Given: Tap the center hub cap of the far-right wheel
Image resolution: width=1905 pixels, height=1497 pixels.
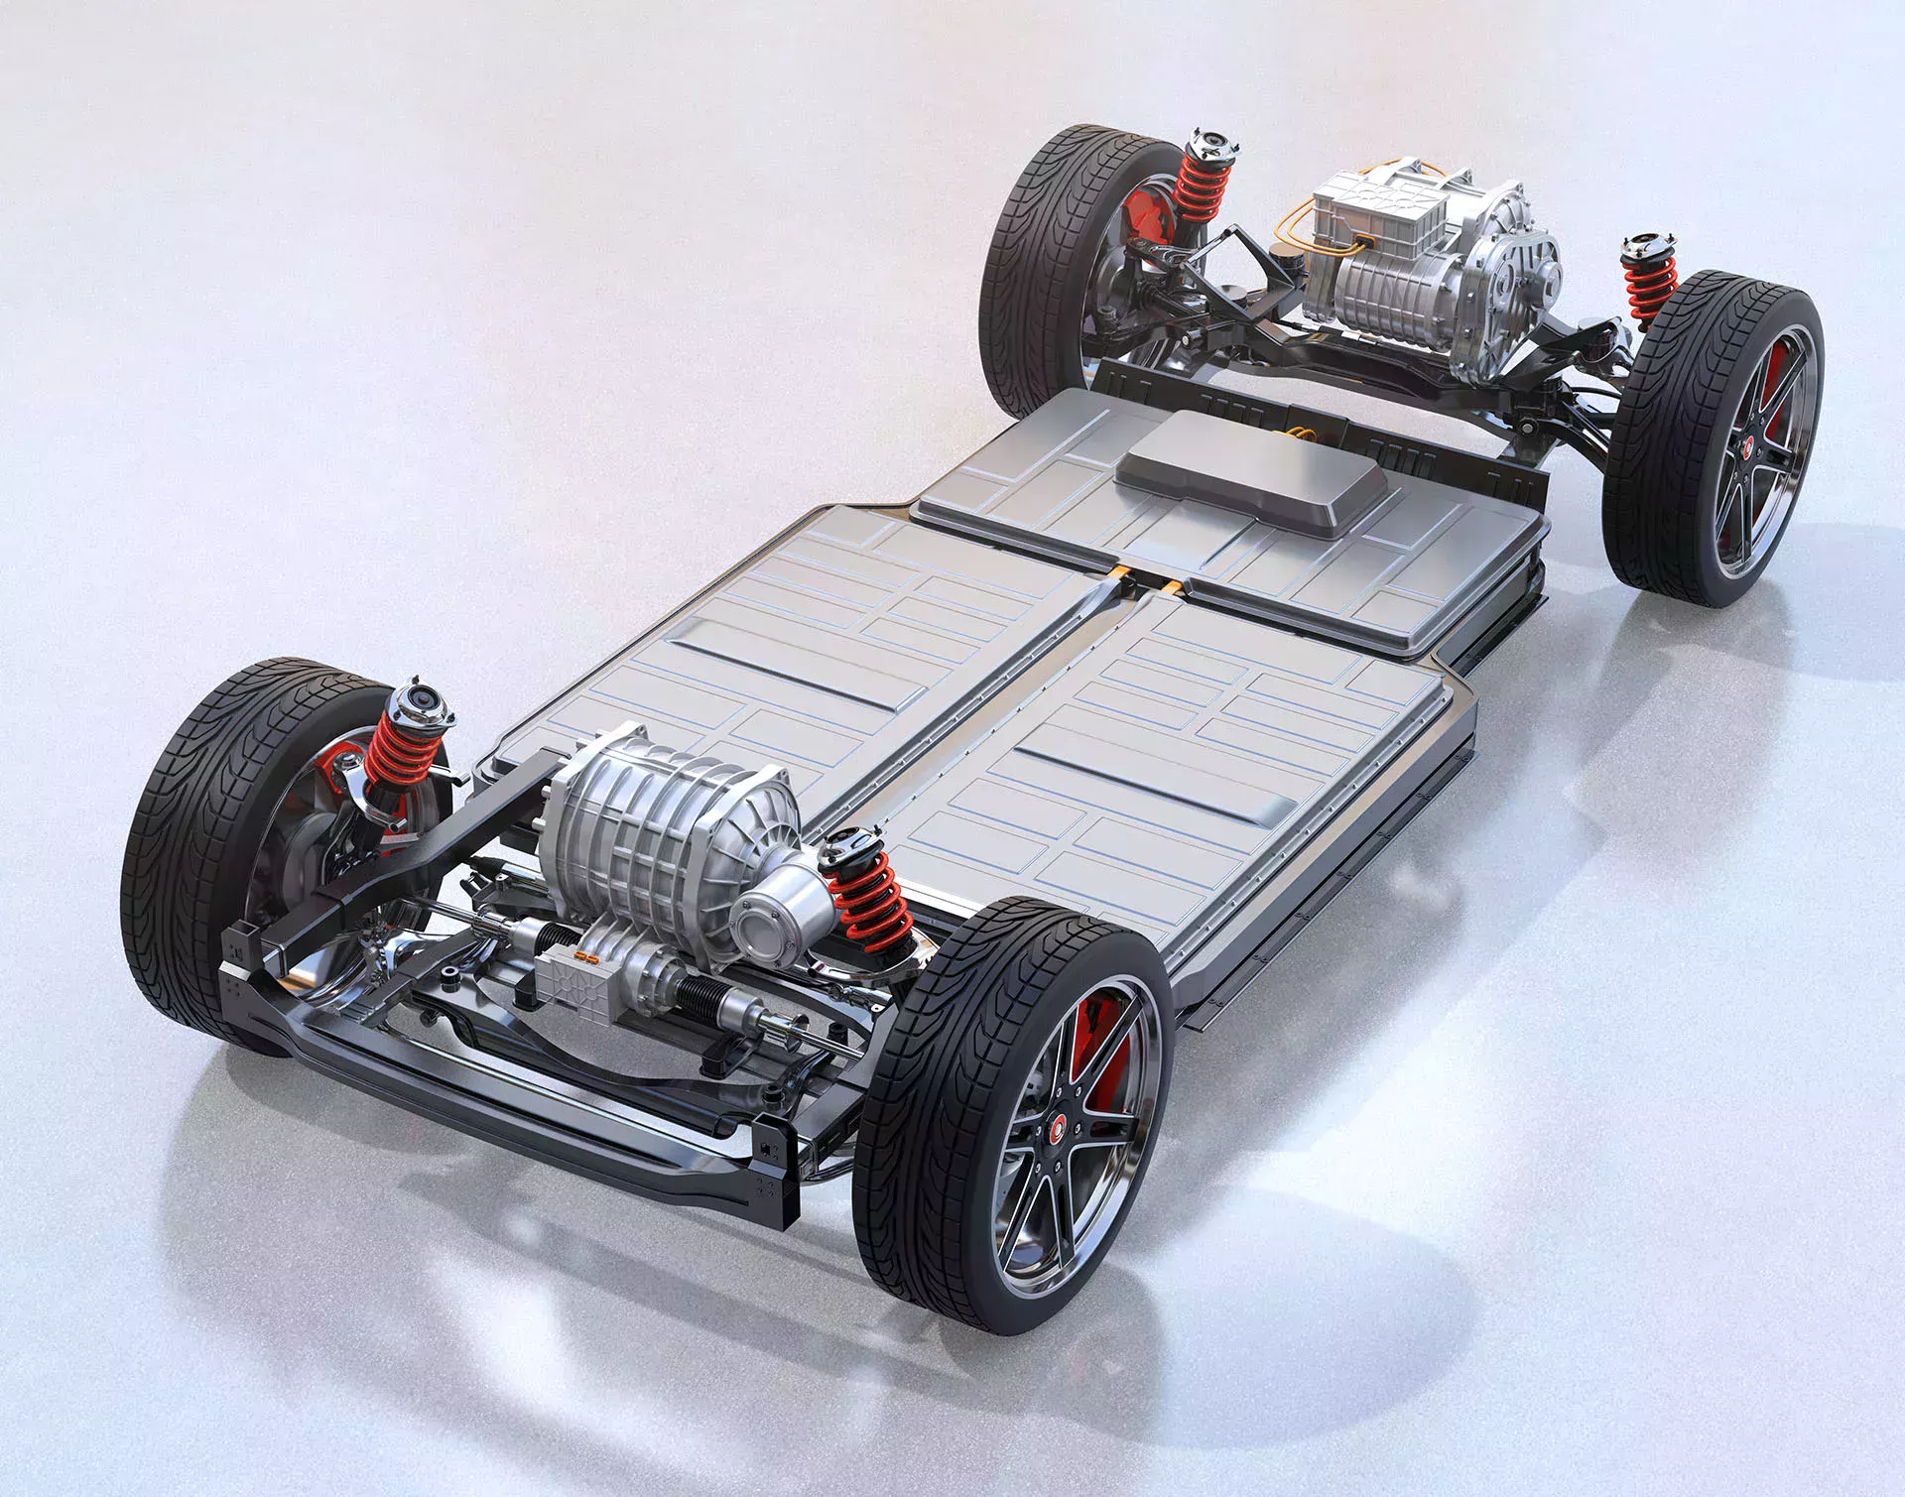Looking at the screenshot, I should pyautogui.click(x=1748, y=447).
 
